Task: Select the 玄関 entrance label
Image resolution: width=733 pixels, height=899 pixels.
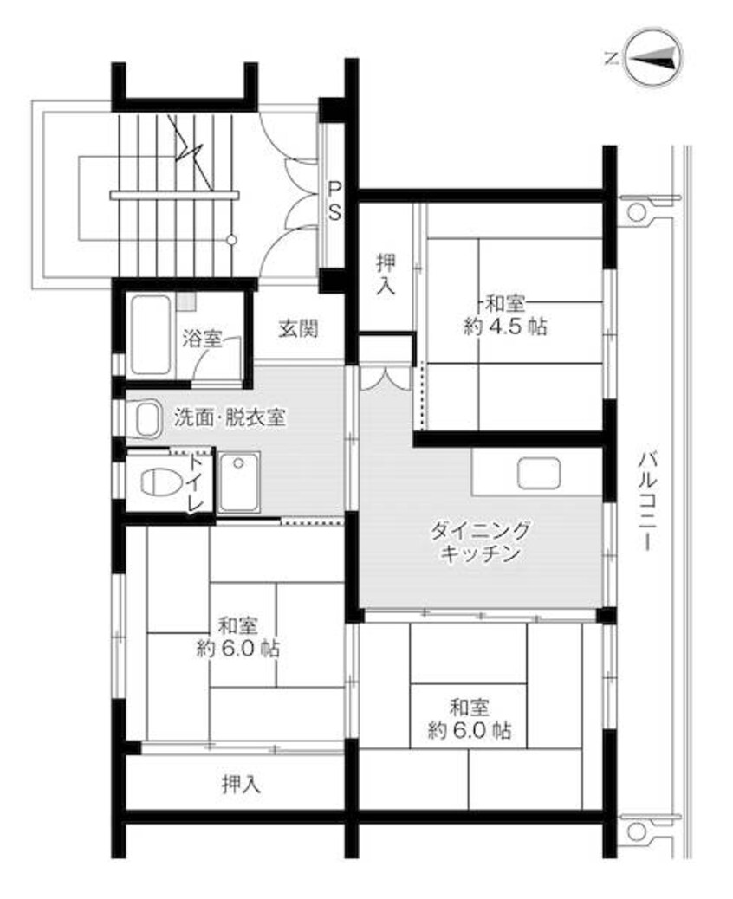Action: [298, 328]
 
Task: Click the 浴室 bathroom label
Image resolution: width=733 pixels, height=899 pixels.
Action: [202, 339]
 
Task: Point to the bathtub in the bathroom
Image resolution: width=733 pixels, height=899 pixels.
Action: [152, 335]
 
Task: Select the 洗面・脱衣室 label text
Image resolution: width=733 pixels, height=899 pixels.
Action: [229, 417]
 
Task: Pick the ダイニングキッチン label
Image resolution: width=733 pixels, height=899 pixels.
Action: [478, 541]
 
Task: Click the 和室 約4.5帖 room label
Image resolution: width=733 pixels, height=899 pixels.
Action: [505, 315]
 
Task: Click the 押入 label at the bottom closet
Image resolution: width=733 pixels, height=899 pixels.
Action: [240, 785]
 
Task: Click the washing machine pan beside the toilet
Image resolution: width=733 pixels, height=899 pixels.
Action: [239, 482]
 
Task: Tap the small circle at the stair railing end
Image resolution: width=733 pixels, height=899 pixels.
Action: [231, 238]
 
